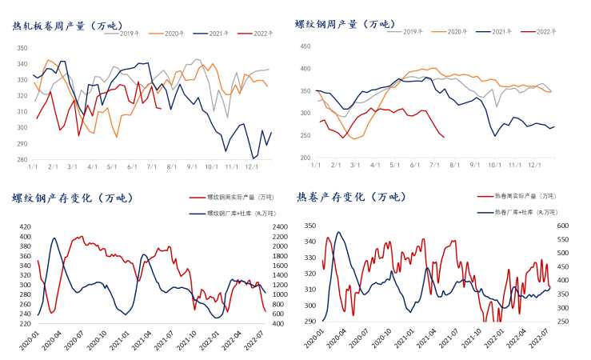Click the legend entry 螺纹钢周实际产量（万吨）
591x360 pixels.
[x=235, y=197]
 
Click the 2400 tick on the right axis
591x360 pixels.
[x=278, y=227]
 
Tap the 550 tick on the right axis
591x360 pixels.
[x=562, y=240]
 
